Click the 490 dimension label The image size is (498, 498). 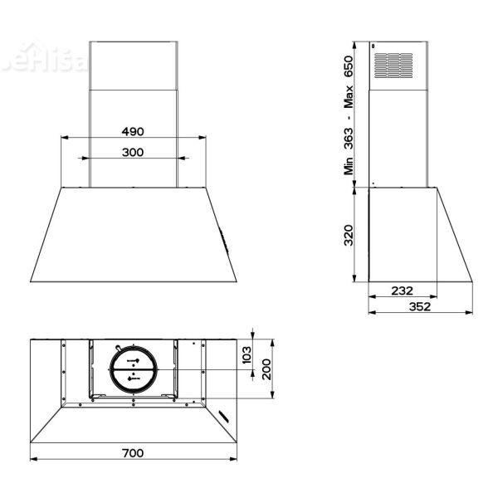[132, 131]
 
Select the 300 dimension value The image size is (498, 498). [132, 152]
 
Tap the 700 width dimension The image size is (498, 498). [132, 452]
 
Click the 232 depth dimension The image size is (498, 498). [402, 290]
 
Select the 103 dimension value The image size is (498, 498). [247, 355]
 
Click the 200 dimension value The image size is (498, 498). [266, 368]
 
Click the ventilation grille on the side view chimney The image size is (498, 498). [393, 65]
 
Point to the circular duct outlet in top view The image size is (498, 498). [133, 369]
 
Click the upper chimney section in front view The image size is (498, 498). [133, 64]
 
